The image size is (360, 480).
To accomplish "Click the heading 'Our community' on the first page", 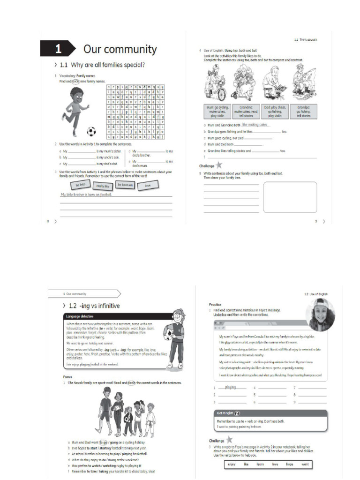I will pos(120,49).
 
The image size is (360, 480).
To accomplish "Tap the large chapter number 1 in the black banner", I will pos(58,49).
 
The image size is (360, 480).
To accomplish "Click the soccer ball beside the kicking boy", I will pos(91,131).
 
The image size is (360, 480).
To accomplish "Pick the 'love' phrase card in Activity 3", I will pos(148,186).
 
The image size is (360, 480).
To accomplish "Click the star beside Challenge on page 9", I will pos(218,165).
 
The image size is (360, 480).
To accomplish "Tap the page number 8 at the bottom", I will pos(48,221).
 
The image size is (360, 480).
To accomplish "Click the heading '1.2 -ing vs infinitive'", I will pos(94,306).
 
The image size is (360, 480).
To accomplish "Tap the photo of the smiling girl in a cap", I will pos(320,315).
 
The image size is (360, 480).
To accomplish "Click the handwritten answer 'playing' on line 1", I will pos(231,388).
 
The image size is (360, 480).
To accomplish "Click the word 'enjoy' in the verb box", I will pos(231,464).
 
